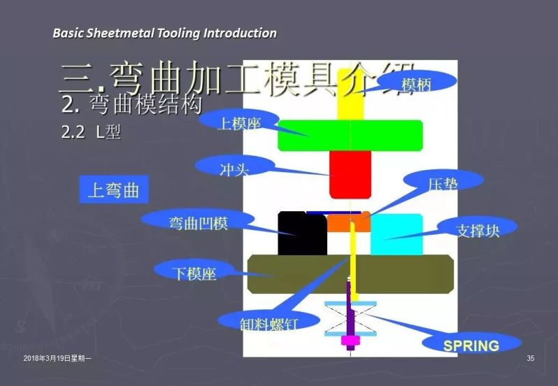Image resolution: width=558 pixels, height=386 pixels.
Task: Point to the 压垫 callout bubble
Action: click(x=443, y=183)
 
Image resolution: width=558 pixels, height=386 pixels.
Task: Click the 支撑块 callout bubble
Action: click(x=478, y=229)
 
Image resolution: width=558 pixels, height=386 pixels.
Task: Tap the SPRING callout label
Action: click(x=472, y=345)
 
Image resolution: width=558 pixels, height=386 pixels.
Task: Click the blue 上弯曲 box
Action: click(x=114, y=190)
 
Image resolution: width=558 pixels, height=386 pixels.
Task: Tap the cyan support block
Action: click(x=396, y=234)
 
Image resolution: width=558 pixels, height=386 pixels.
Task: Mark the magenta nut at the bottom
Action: click(x=349, y=341)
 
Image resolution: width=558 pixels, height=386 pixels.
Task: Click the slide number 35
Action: click(x=531, y=359)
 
